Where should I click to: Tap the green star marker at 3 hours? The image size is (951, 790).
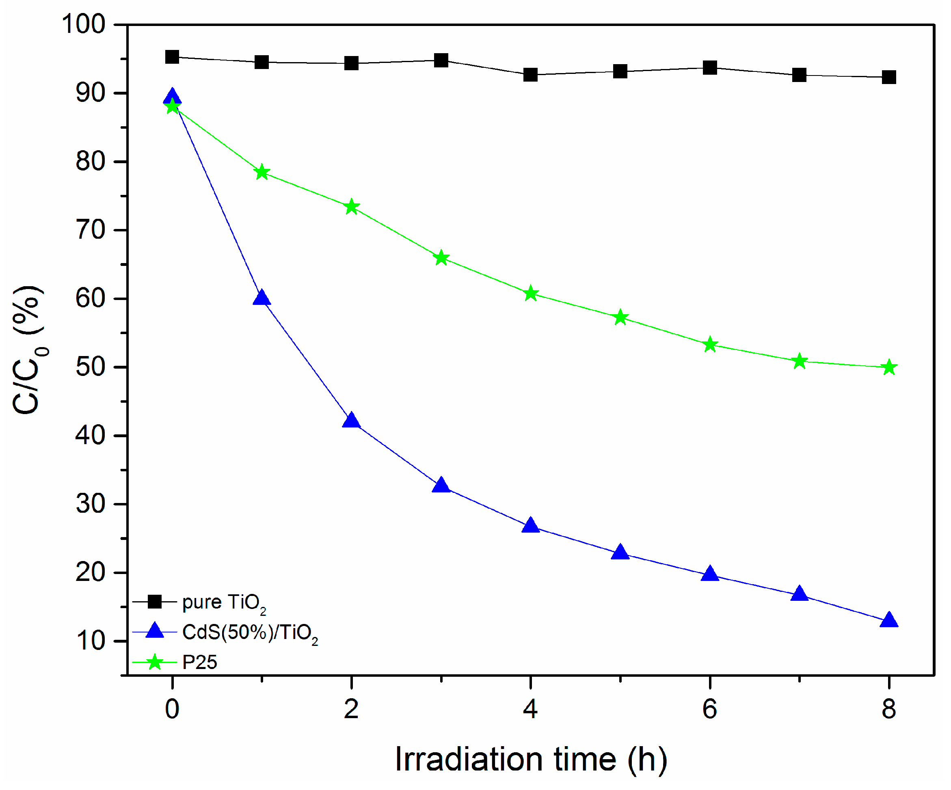441,259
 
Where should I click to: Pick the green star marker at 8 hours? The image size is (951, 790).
889,367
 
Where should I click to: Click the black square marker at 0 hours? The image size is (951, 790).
172,57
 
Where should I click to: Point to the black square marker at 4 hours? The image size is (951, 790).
530,75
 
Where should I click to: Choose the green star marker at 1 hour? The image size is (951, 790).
261,173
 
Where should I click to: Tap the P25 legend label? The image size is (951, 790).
199,663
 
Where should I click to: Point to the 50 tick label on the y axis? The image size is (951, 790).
90,367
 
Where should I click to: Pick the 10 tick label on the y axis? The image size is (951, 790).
90,641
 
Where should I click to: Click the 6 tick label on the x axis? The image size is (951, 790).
710,709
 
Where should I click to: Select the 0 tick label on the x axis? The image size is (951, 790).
172,709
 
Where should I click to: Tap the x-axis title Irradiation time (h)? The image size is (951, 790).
531,759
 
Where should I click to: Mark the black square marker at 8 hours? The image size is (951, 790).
889,77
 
